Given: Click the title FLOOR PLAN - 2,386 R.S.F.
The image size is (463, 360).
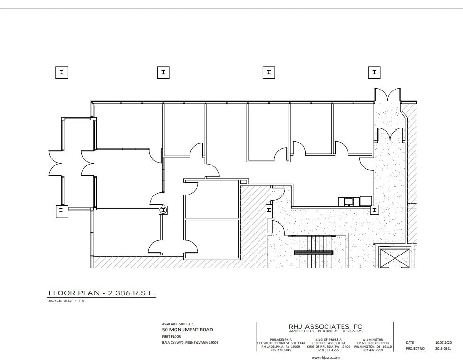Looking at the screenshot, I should click(x=101, y=293).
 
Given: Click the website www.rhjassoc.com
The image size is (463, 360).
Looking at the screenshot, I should click(x=326, y=357).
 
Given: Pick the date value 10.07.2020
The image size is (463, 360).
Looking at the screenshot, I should click(x=442, y=343).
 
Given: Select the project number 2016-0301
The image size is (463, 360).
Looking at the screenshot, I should click(x=442, y=349).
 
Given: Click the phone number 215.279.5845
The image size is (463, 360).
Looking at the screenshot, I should click(x=281, y=350).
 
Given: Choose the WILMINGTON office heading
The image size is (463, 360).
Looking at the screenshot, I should click(x=373, y=339).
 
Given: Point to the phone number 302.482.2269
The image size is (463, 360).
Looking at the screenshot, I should click(x=373, y=350).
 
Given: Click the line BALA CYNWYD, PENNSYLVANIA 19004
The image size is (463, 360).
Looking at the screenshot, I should click(x=190, y=343).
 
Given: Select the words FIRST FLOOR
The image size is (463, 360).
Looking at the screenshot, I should click(x=171, y=336).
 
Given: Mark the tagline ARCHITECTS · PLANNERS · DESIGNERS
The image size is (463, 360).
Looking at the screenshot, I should click(x=326, y=331).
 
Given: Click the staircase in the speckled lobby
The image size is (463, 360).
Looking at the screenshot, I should click(x=313, y=253).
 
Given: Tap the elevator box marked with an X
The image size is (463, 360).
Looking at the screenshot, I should click(x=394, y=257).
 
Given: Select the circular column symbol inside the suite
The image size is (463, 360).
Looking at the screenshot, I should click(x=163, y=210).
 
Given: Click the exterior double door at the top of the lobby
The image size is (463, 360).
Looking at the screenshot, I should click(x=387, y=96).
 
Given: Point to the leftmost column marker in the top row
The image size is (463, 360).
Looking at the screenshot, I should click(x=61, y=72).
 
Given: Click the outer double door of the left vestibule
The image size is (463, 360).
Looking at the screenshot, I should click(x=56, y=163).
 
